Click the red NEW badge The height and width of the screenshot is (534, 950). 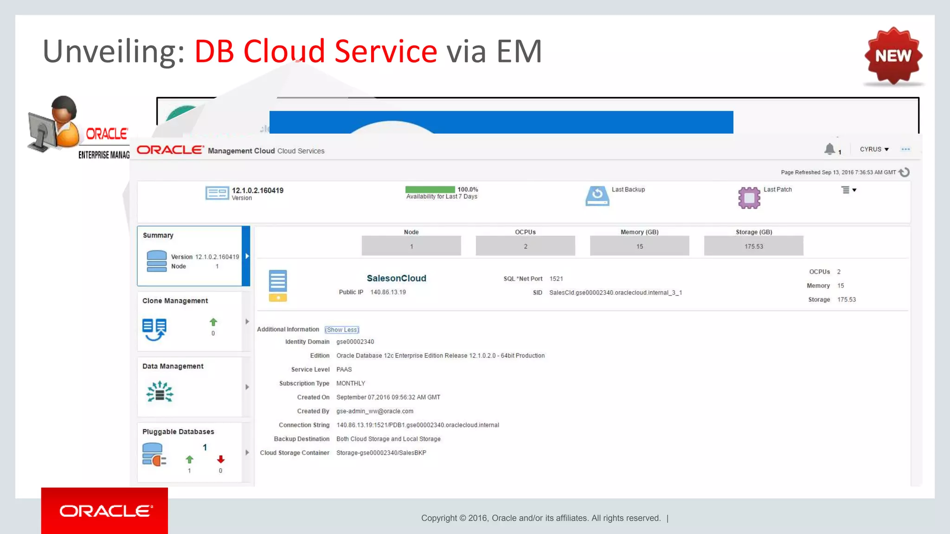click(x=893, y=56)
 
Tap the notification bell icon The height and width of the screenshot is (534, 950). click(x=829, y=149)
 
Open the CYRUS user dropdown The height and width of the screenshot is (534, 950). click(x=874, y=149)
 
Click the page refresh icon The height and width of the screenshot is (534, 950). click(x=904, y=172)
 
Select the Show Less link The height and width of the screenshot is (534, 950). click(x=342, y=330)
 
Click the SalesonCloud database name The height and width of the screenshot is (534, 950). click(x=396, y=278)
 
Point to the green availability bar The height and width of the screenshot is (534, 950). click(x=430, y=190)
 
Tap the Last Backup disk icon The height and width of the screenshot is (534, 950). click(x=597, y=196)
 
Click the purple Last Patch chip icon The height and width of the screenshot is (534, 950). click(x=749, y=197)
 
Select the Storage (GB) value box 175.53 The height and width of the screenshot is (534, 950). click(x=753, y=246)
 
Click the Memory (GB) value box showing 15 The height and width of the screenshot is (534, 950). click(x=639, y=246)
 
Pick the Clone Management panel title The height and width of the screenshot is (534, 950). click(x=175, y=301)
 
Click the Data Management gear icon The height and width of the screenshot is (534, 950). click(x=160, y=392)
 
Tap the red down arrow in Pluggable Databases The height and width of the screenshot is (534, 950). click(x=221, y=459)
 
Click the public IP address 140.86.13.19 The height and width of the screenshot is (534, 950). click(x=388, y=292)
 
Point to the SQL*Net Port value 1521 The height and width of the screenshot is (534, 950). click(x=556, y=279)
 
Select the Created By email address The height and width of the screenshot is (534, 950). click(x=375, y=411)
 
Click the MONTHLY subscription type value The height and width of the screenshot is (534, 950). click(x=351, y=383)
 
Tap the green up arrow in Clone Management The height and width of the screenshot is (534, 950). click(x=213, y=322)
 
